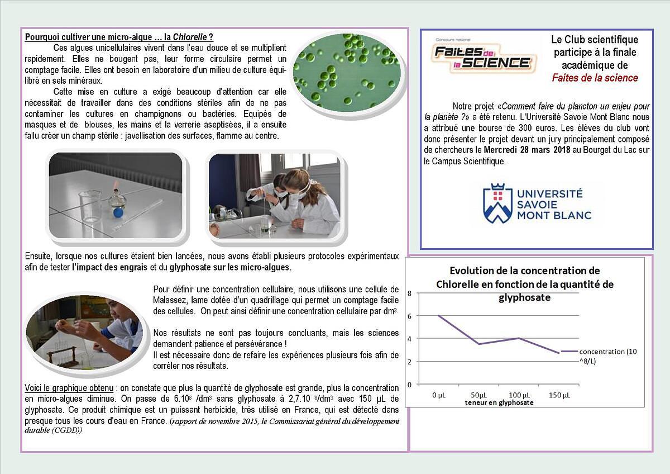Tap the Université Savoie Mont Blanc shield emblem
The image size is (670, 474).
pyautogui.click(x=497, y=203)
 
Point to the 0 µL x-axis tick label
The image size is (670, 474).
pyautogui.click(x=438, y=396)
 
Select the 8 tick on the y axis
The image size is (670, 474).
pyautogui.click(x=409, y=293)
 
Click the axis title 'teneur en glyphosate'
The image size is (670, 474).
pyautogui.click(x=499, y=402)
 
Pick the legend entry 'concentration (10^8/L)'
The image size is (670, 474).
pyautogui.click(x=607, y=355)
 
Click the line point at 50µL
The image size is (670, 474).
pyautogui.click(x=478, y=344)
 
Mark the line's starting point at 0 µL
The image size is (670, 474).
pyautogui.click(x=438, y=316)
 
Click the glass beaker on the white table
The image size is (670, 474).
pyautogui.click(x=90, y=207)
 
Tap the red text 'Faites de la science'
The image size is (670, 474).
pyautogui.click(x=595, y=78)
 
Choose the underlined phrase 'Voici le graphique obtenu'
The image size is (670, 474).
pyautogui.click(x=70, y=388)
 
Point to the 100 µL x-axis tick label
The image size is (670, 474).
pyautogui.click(x=519, y=396)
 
